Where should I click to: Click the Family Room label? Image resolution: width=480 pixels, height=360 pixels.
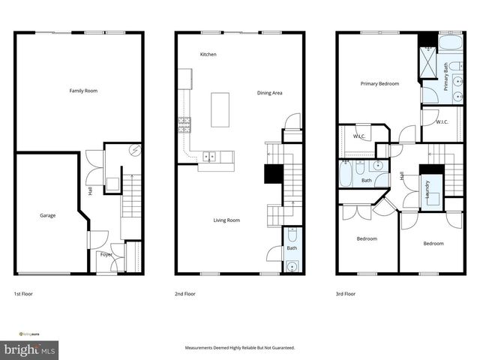pyautogui.click(x=83, y=91)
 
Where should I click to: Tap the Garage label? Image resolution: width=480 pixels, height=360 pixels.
pyautogui.click(x=48, y=215)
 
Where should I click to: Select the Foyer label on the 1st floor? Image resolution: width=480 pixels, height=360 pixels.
pyautogui.click(x=106, y=254)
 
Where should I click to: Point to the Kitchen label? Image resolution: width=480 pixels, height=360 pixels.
pyautogui.click(x=208, y=55)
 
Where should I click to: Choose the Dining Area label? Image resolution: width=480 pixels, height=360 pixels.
pyautogui.click(x=269, y=93)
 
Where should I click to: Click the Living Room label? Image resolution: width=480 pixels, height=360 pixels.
pyautogui.click(x=226, y=220)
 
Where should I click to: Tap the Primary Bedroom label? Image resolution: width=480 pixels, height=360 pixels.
pyautogui.click(x=379, y=84)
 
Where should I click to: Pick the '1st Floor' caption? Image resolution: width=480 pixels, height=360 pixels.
pyautogui.click(x=23, y=294)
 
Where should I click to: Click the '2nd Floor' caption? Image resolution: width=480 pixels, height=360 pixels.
pyautogui.click(x=184, y=294)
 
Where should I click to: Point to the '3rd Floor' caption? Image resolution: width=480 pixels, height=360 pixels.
pyautogui.click(x=345, y=294)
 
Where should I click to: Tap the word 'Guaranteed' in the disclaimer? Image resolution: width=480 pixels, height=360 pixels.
pyautogui.click(x=281, y=348)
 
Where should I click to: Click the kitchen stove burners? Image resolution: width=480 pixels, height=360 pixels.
pyautogui.click(x=184, y=121)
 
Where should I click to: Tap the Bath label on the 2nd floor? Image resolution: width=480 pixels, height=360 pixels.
pyautogui.click(x=292, y=247)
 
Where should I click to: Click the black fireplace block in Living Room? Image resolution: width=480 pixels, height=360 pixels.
pyautogui.click(x=271, y=174)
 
